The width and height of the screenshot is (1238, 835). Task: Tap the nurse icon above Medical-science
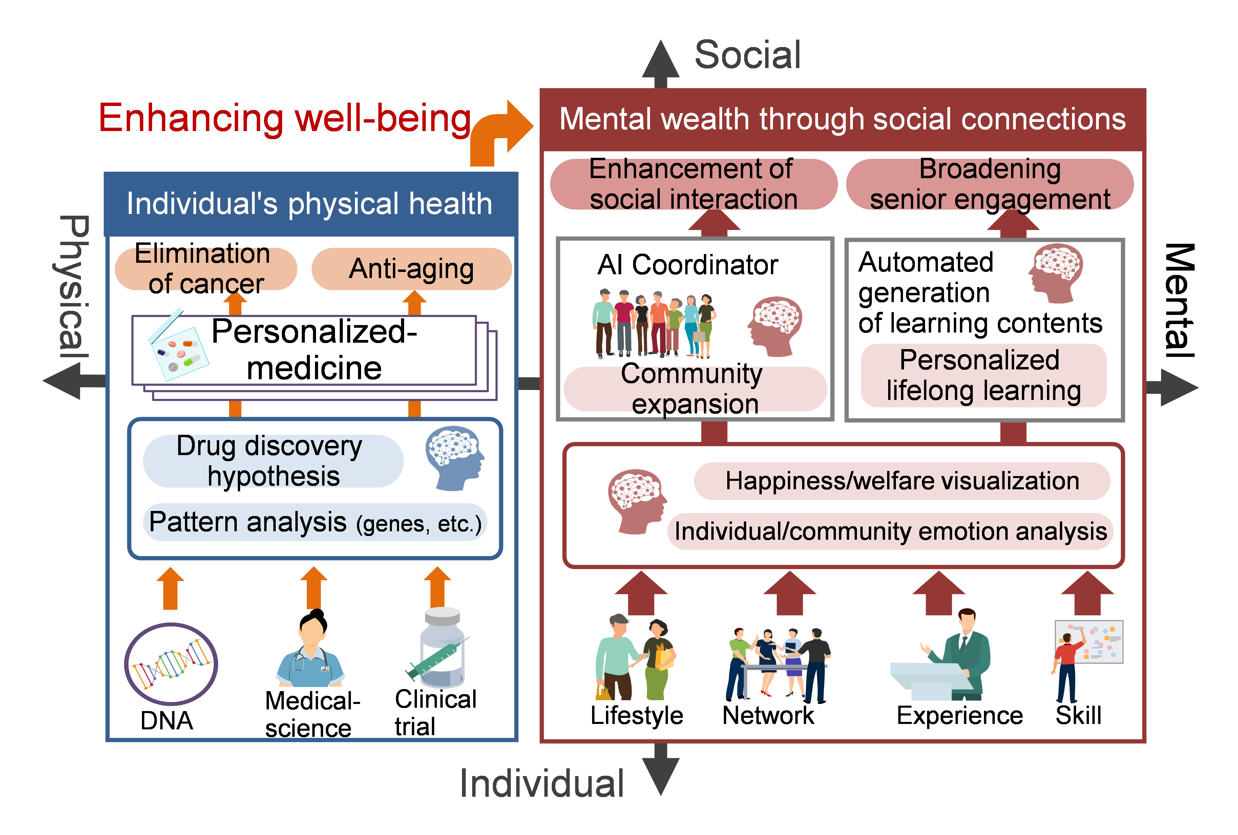point(311,650)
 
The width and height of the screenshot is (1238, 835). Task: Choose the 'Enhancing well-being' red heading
point(285,118)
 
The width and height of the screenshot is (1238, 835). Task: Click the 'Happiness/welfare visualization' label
point(902,481)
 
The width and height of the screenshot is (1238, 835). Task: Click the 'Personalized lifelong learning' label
point(983,376)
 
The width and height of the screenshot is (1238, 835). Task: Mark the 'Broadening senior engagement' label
point(989,184)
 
